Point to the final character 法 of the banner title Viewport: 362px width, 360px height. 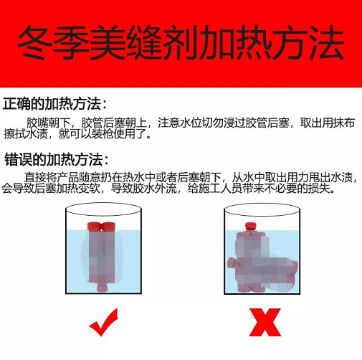[327, 42]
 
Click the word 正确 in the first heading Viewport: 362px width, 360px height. [16, 104]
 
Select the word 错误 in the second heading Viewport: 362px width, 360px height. [19, 160]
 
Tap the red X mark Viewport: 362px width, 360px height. [265, 323]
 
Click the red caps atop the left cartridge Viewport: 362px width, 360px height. [102, 227]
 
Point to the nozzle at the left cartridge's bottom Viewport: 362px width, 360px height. [103, 288]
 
